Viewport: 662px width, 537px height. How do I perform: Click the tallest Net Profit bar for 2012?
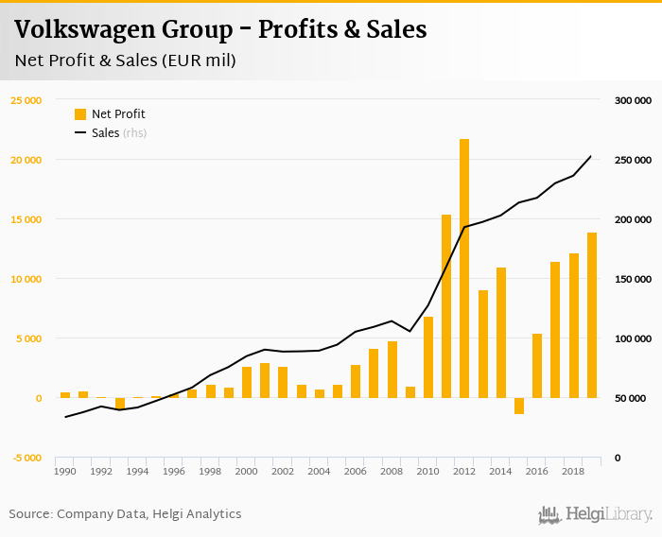click(464, 268)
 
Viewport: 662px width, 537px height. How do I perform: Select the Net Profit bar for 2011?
click(446, 306)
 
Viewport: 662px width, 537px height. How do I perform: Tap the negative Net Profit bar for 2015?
click(519, 406)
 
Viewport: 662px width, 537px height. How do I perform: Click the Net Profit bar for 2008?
click(392, 370)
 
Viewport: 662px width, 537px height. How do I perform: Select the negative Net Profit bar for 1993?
click(119, 403)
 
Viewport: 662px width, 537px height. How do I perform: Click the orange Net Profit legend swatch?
click(80, 114)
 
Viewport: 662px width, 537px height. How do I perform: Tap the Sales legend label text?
click(105, 133)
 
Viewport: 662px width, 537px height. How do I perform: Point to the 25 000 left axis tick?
click(26, 100)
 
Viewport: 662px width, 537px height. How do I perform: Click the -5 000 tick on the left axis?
click(26, 458)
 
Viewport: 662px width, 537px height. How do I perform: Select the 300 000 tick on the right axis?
click(635, 100)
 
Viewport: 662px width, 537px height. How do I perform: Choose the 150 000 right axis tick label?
click(635, 279)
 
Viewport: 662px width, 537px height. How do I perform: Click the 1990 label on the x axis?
click(65, 470)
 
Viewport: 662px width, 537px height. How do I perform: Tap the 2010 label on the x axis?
click(427, 470)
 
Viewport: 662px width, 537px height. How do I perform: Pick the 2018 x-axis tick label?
click(573, 470)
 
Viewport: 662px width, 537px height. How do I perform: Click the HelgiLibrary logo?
click(595, 515)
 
